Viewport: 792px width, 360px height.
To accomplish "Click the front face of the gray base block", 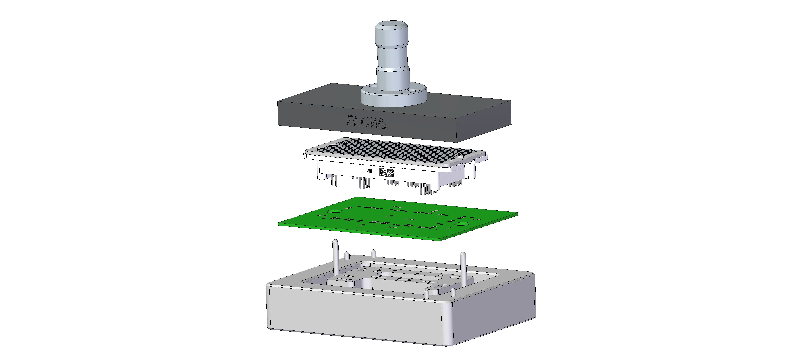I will pos(354,317).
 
